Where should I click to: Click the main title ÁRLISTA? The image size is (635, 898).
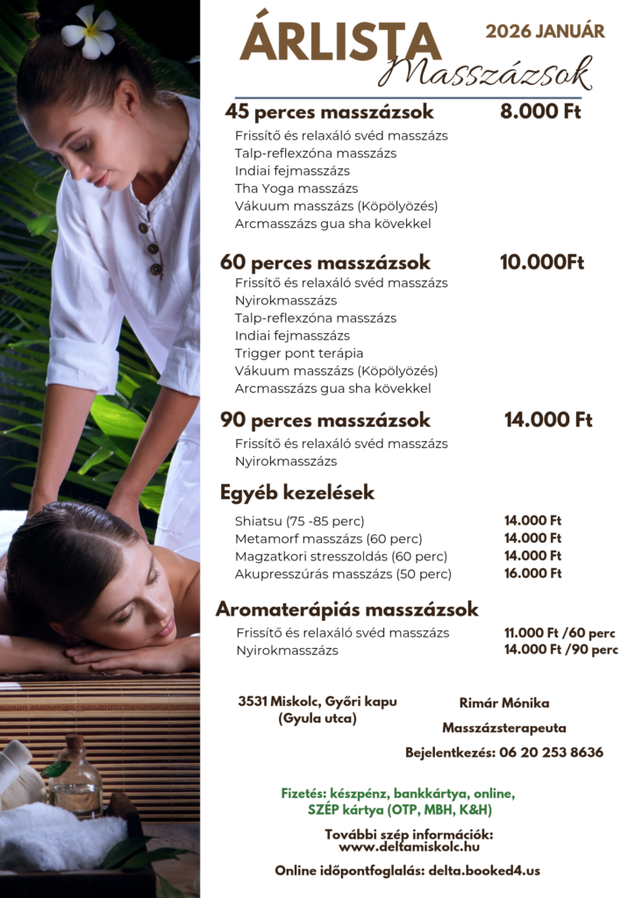pos(340,42)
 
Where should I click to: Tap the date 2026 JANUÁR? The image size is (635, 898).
pos(545,32)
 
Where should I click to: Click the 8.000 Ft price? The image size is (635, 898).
pos(540,111)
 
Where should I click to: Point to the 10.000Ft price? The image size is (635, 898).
pos(541,262)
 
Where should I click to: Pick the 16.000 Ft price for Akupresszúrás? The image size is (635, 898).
pos(532,574)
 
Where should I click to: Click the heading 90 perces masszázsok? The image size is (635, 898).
pos(325,420)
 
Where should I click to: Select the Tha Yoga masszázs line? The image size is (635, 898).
pos(296,189)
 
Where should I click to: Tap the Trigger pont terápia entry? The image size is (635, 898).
pos(298,353)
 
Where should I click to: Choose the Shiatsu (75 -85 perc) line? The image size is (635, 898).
pos(299,521)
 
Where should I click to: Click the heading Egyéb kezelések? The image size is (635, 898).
pos(297,492)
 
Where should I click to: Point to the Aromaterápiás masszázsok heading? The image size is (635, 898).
pos(347,609)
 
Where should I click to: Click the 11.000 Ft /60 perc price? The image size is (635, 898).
pos(559,633)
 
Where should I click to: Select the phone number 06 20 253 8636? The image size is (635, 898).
pos(551,752)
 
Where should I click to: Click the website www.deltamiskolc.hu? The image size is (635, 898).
pos(409,847)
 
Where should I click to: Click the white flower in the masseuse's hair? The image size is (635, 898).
pos(89,32)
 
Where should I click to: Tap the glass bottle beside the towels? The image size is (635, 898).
pos(76,779)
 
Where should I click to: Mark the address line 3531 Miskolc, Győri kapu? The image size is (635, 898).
pos(317,702)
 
